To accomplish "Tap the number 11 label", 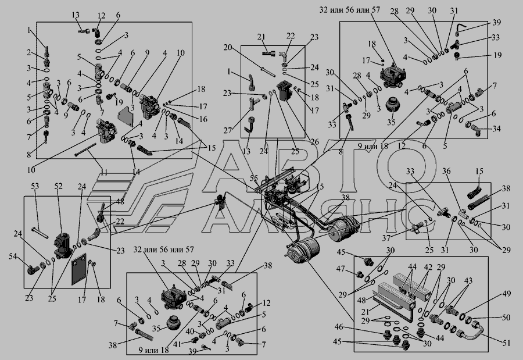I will point(105,172).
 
